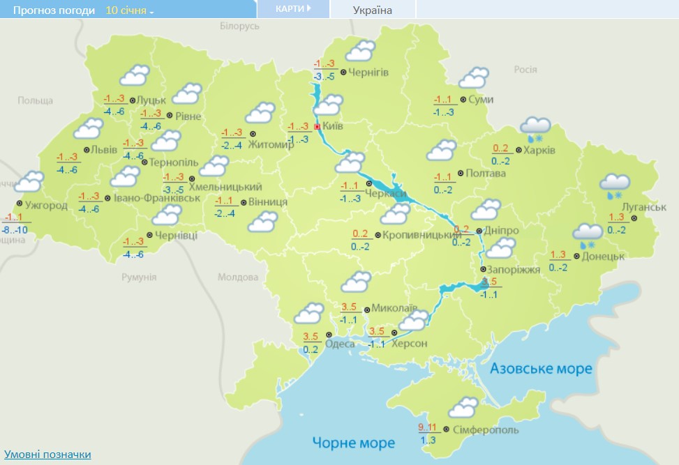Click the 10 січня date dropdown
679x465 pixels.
(130, 10)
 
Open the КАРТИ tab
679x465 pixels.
(292, 9)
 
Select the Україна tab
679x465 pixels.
(373, 10)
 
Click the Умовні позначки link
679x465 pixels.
(47, 455)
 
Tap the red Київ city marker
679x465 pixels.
(317, 127)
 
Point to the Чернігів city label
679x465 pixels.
(368, 73)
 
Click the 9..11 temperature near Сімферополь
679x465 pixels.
(427, 427)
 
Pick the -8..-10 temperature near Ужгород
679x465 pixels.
(15, 229)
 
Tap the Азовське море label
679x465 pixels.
(541, 368)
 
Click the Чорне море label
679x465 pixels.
(353, 443)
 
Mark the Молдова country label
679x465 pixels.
(237, 277)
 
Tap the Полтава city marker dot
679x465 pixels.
(460, 173)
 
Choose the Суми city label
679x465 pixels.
(481, 100)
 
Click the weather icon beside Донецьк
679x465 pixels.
(587, 235)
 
